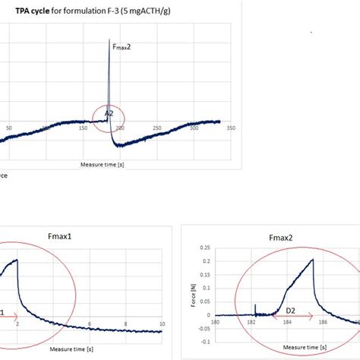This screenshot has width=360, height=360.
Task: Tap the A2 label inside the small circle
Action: [109, 112]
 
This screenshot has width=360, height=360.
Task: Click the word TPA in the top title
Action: [26, 12]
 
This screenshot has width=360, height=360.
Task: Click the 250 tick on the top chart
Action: [156, 128]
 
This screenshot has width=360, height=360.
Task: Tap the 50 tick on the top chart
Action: [8, 128]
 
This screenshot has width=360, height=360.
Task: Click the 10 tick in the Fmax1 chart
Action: [162, 324]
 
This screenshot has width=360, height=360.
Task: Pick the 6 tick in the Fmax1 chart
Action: [89, 324]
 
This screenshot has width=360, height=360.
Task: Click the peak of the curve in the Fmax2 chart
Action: [312, 260]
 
